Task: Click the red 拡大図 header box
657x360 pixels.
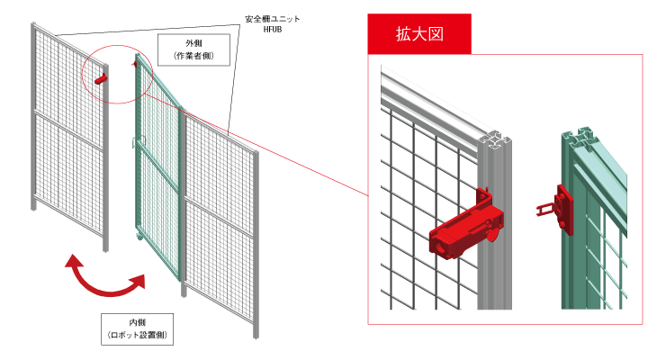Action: pos(419,34)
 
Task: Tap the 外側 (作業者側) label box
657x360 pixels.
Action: pos(193,49)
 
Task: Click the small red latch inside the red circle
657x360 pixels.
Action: pos(99,80)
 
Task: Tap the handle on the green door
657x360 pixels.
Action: pos(136,141)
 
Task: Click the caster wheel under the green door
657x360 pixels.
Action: pos(140,237)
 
